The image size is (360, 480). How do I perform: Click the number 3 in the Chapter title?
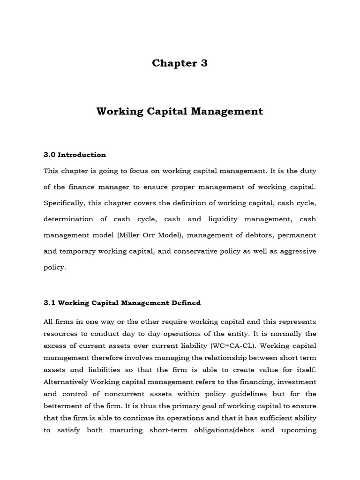click(203, 63)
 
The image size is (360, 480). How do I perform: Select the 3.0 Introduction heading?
click(75, 155)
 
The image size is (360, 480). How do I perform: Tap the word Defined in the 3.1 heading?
click(184, 303)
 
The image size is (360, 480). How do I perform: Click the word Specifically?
click(66, 202)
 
